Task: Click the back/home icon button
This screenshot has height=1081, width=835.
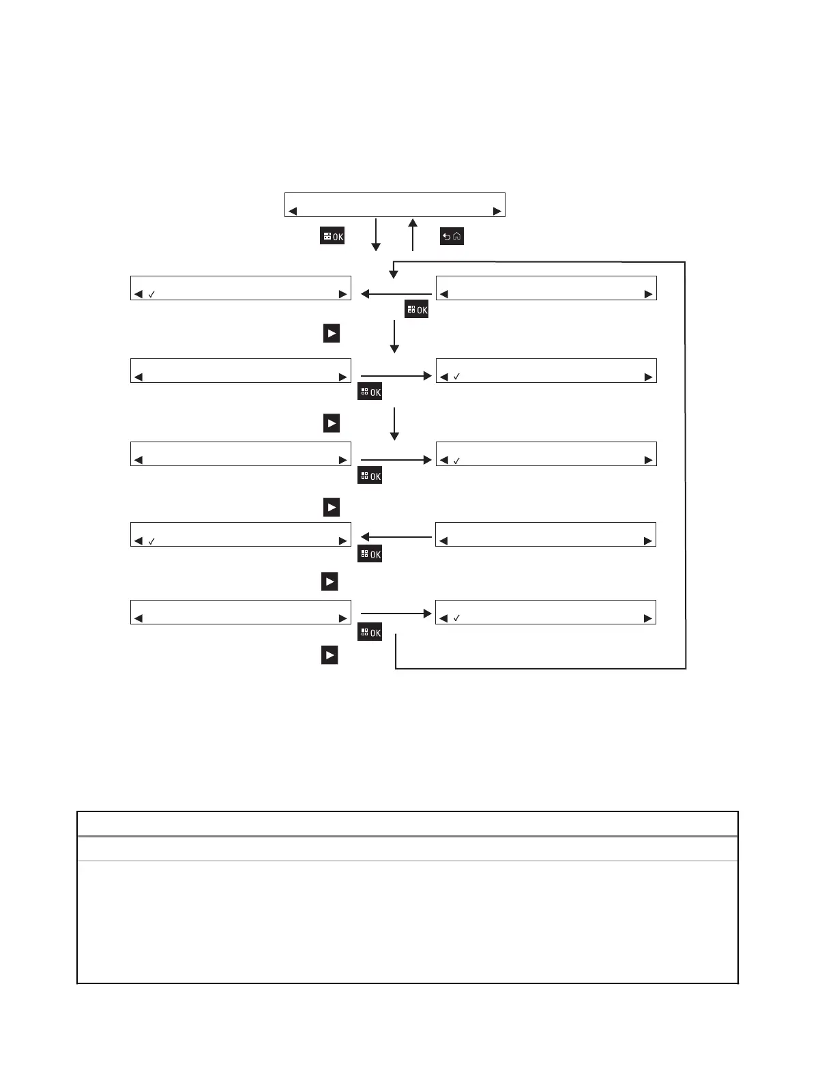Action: [452, 237]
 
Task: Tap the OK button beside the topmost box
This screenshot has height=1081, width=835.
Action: [332, 236]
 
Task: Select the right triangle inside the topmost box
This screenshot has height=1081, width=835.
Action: [497, 212]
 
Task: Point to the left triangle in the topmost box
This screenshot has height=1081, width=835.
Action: [293, 212]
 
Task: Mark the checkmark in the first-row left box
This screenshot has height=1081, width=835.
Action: [151, 294]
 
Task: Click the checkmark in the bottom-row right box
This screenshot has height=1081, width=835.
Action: [457, 618]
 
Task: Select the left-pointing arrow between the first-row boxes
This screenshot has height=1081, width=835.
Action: [396, 294]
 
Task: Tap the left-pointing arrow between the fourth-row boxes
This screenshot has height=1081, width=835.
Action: [396, 537]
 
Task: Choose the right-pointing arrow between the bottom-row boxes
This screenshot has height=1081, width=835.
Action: [396, 614]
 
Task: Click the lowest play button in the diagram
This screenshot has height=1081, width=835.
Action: [329, 655]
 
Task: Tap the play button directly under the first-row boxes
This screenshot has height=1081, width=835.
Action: [332, 334]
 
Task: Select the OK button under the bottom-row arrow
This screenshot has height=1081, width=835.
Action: [370, 633]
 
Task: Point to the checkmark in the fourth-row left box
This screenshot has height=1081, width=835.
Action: [151, 541]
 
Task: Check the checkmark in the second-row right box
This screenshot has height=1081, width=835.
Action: [457, 377]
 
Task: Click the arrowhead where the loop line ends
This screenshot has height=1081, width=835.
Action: [394, 274]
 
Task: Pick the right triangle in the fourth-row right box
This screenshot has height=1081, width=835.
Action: [648, 541]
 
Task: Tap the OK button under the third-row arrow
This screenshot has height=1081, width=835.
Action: [370, 476]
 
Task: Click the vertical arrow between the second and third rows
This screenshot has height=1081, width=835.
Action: [394, 424]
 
